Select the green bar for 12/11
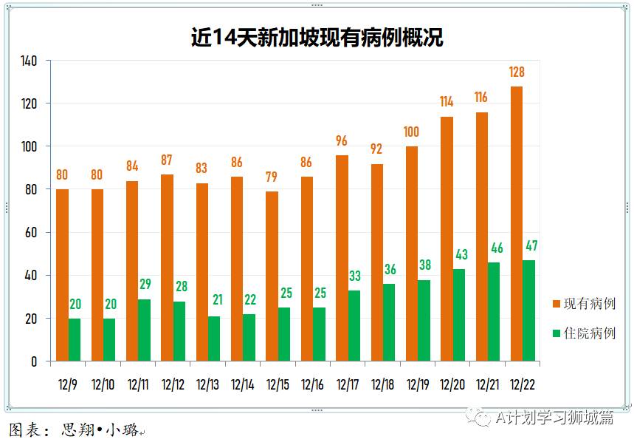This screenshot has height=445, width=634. (145, 330)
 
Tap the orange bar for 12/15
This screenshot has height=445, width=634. (272, 276)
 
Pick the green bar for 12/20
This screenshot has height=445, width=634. (458, 315)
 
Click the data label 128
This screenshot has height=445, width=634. (517, 72)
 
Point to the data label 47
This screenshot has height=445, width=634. (531, 245)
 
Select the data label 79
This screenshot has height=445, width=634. (272, 177)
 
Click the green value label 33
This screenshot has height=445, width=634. (356, 276)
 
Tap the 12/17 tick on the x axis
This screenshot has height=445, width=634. (348, 384)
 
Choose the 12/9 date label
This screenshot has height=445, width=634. (66, 384)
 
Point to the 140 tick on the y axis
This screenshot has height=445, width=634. (29, 60)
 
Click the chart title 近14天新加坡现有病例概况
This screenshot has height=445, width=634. (317, 38)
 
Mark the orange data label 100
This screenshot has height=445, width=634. (411, 132)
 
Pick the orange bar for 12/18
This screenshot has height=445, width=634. (376, 262)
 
